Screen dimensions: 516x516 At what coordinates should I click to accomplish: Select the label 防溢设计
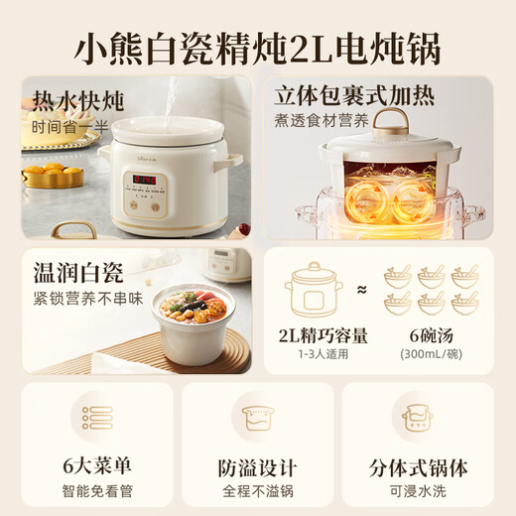click(257, 465)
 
